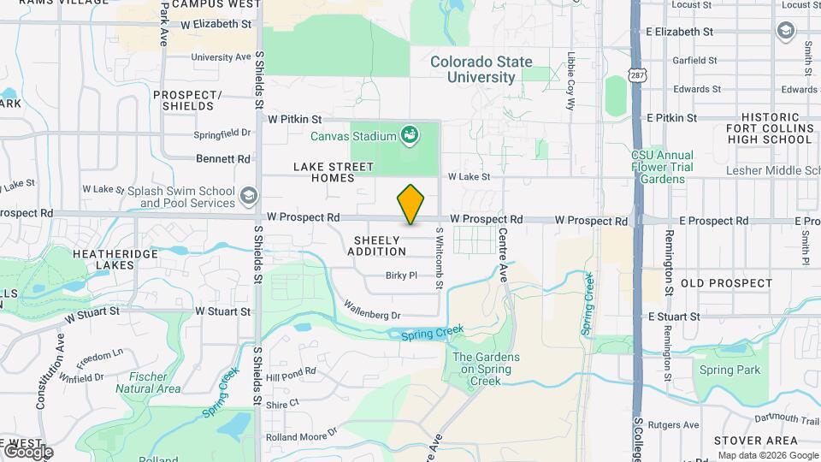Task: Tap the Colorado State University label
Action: pos(481,69)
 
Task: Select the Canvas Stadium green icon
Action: pos(410,134)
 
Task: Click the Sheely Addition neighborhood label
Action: pos(376,246)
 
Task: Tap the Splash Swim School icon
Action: pos(248,196)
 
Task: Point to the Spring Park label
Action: pos(729,370)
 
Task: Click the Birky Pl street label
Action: pos(401,275)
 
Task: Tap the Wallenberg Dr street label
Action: pos(372,309)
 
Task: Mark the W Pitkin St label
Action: pos(294,120)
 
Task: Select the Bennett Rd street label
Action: pos(223,159)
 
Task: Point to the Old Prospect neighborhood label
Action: pos(726,282)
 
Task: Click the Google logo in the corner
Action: pos(27,451)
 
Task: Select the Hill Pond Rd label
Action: pos(291,372)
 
